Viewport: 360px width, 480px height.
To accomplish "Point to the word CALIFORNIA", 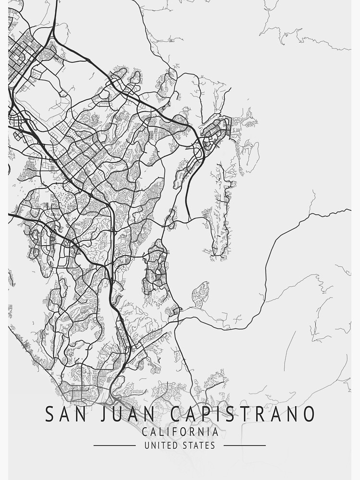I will click(x=180, y=432).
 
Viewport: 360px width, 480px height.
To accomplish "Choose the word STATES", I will click(x=199, y=445).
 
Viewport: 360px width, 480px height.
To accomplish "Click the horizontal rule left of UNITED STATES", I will click(x=114, y=445).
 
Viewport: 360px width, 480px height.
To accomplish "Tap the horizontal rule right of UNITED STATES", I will click(x=245, y=445).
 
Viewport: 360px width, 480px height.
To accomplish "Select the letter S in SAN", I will click(x=49, y=414).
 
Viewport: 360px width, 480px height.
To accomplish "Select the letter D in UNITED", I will click(x=176, y=445).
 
